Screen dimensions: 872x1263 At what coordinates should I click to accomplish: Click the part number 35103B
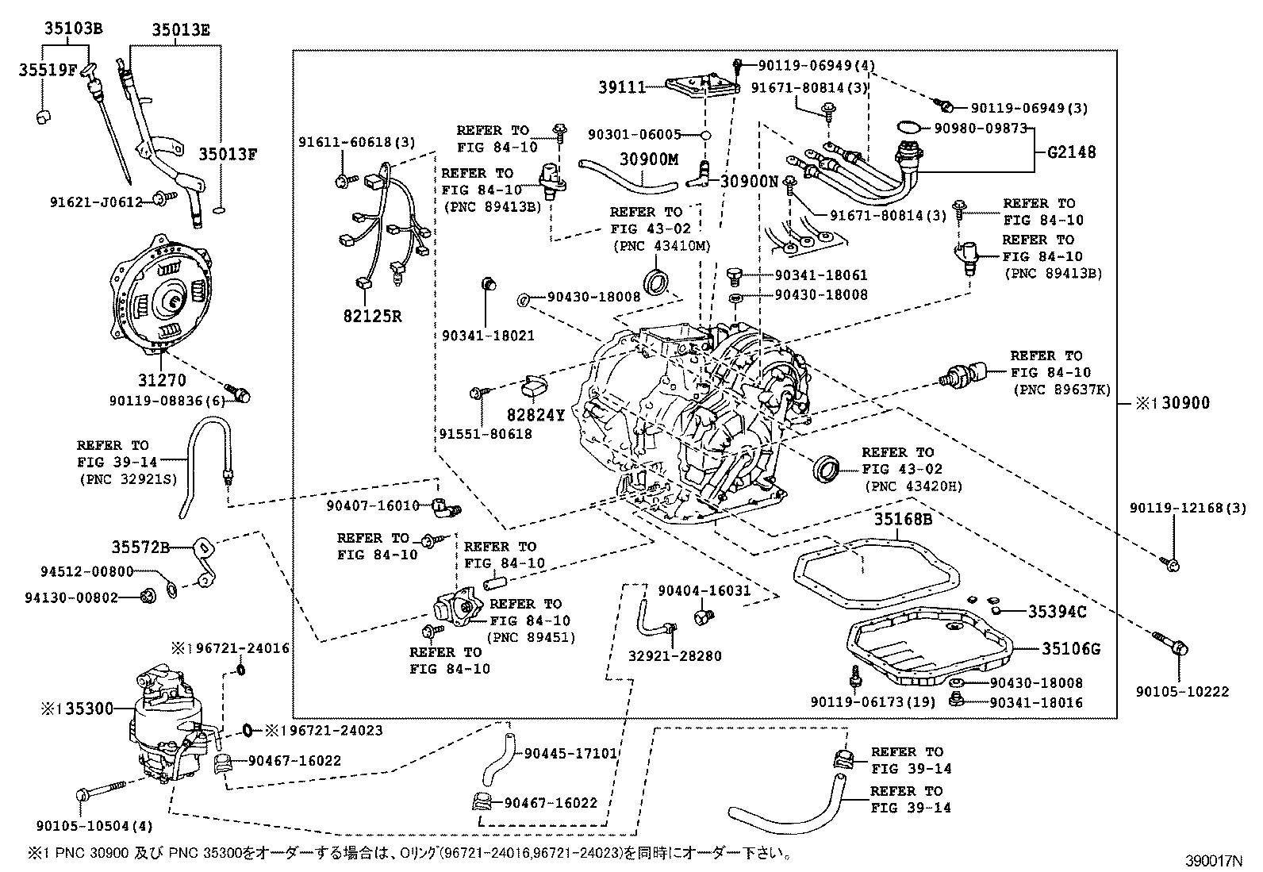coord(72,30)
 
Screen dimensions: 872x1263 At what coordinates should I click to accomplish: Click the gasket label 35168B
coord(903,520)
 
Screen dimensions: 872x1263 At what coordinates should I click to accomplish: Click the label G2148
coord(1072,152)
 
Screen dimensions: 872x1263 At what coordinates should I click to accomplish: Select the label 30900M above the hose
coord(649,159)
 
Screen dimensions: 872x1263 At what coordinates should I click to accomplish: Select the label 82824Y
coord(536,415)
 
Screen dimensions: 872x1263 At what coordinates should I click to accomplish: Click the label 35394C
coord(1057,612)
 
